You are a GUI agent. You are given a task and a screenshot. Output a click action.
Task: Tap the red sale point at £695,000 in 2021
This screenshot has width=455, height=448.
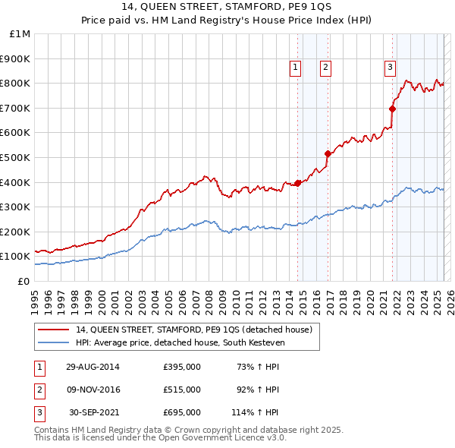[x=393, y=109]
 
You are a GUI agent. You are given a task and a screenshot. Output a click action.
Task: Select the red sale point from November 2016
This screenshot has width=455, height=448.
[x=328, y=153]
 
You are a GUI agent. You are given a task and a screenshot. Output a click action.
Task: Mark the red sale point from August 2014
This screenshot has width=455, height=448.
[x=298, y=183]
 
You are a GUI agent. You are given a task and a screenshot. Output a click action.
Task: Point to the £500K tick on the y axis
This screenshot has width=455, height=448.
[x=17, y=157]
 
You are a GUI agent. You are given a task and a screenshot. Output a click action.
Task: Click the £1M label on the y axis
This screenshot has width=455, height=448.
[x=20, y=33]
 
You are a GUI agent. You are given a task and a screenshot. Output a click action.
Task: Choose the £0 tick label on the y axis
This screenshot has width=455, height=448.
[x=23, y=281]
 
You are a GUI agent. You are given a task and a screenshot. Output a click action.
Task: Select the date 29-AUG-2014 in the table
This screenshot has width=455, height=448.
[x=93, y=368]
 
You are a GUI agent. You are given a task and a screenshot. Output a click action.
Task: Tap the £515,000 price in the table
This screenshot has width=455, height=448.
[x=182, y=390]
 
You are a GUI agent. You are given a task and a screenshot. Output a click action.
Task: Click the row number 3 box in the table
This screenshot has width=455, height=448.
[x=37, y=412]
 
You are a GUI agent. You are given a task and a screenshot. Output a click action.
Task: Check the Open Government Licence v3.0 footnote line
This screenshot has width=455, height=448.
[x=160, y=438]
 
